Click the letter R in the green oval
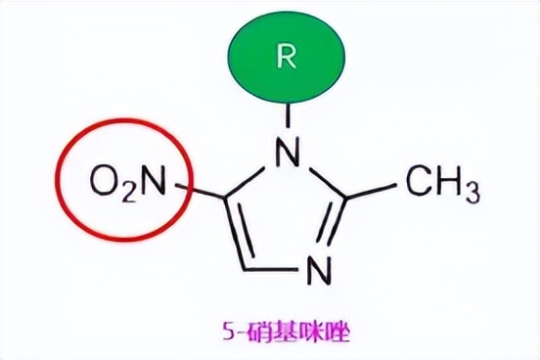coord(286,56)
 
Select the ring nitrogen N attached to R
coord(287,151)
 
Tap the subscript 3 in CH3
coord(471,188)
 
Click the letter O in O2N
coord(103,179)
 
